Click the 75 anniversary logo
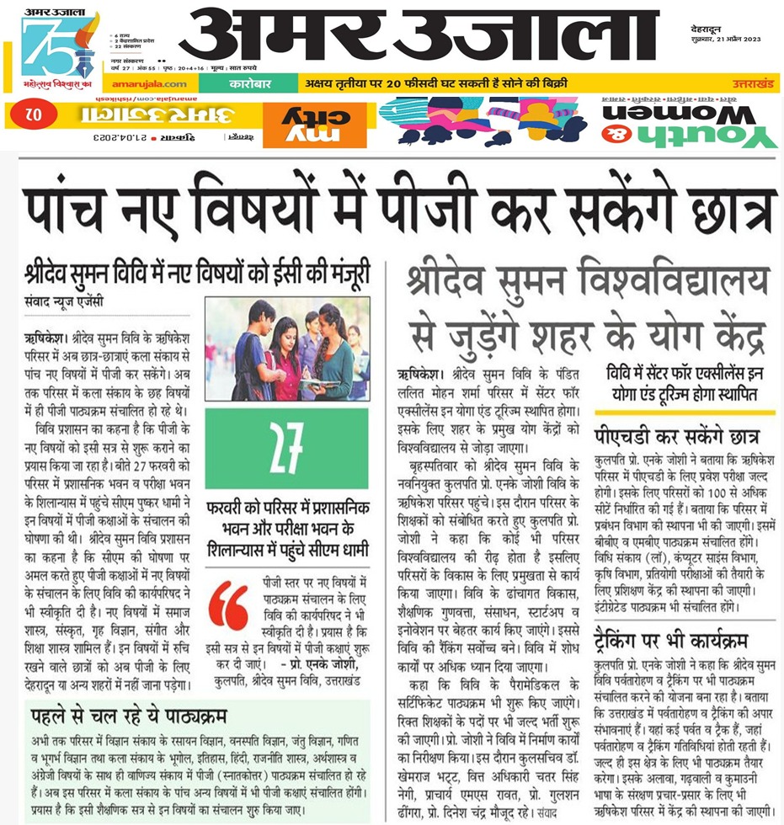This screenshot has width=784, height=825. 59,46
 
